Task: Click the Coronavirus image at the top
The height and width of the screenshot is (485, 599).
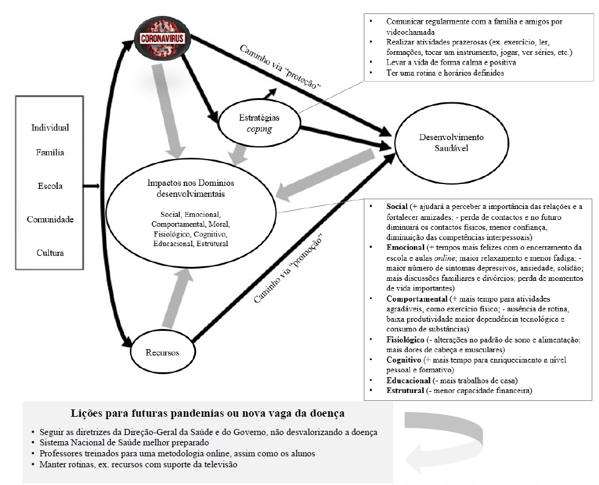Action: tap(161, 38)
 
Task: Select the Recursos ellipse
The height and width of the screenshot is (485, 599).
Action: tap(161, 352)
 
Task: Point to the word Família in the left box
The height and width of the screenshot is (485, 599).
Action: tap(50, 152)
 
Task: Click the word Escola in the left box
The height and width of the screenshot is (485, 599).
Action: tap(50, 186)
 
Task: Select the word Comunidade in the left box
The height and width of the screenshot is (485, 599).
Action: tap(50, 219)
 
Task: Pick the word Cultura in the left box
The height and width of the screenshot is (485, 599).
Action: tap(50, 252)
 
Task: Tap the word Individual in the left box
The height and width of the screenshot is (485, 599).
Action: tap(50, 127)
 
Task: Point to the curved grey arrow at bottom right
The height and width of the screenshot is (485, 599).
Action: tap(442, 442)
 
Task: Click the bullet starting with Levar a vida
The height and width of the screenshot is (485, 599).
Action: tap(451, 63)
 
